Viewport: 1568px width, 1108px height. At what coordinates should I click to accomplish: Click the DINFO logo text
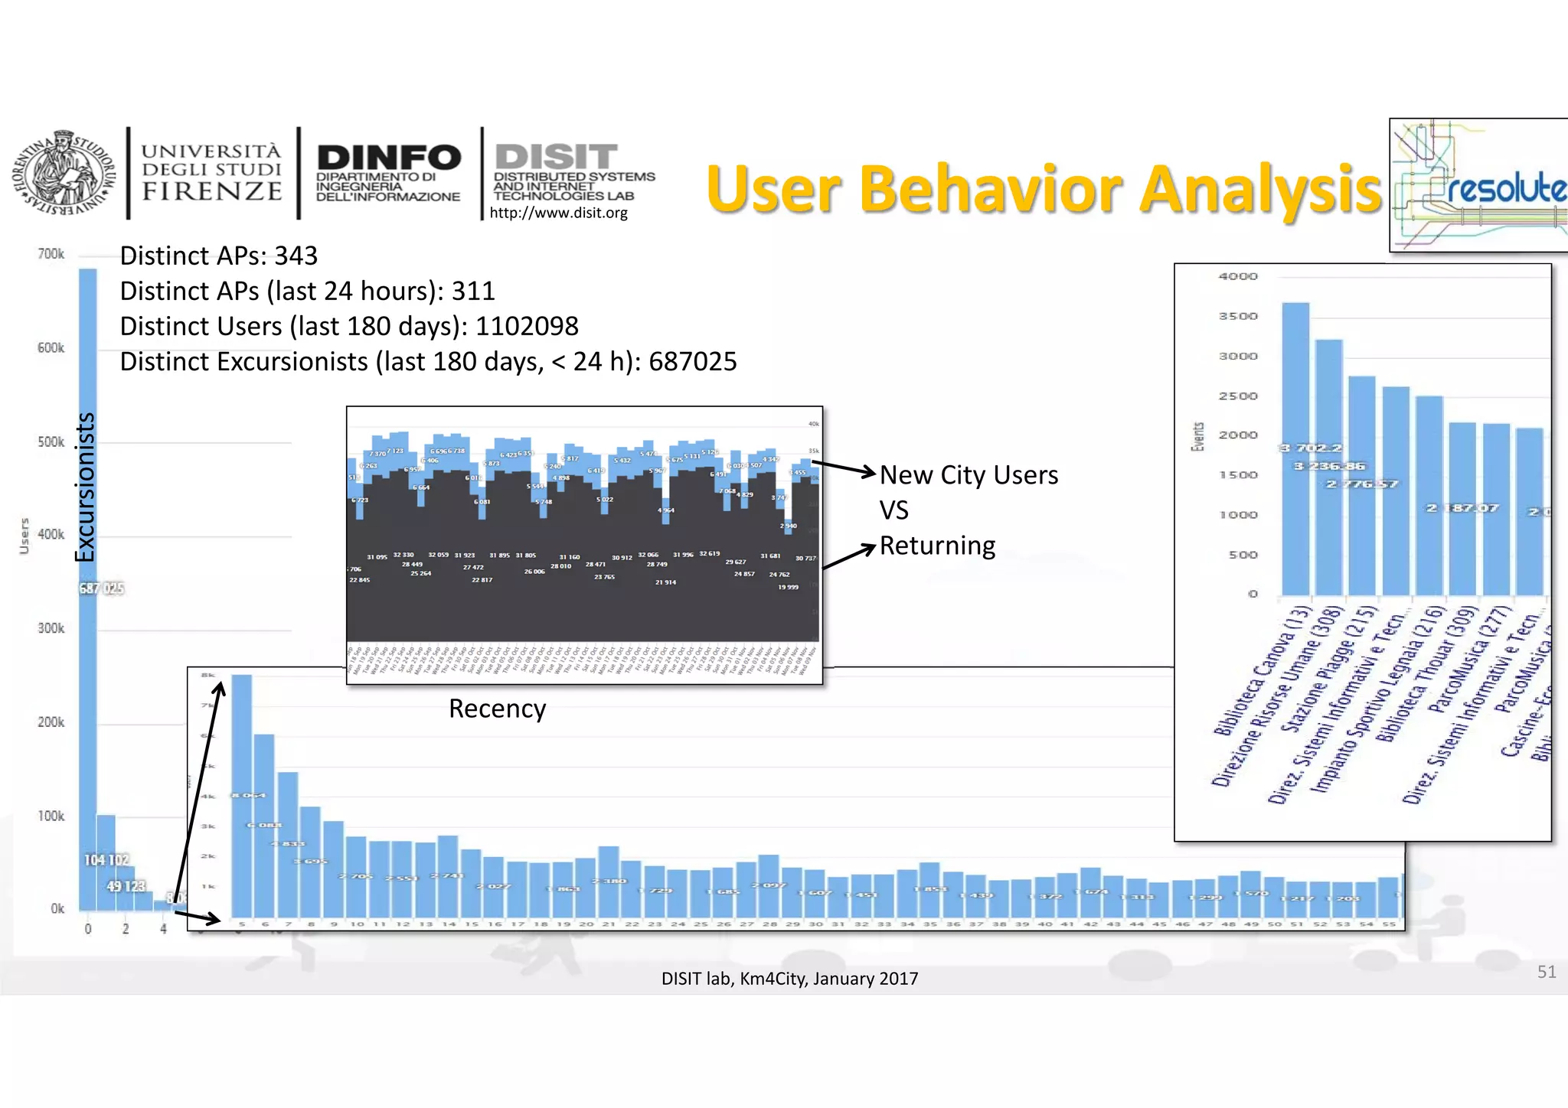[389, 158]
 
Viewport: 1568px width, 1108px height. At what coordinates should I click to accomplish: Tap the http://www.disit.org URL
[558, 213]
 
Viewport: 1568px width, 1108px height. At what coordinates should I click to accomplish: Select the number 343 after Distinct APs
[296, 256]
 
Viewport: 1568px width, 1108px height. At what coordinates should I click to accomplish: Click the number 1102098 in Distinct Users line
[527, 326]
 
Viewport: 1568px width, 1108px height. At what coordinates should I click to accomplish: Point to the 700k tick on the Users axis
[51, 254]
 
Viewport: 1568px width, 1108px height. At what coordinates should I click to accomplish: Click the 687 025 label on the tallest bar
[101, 588]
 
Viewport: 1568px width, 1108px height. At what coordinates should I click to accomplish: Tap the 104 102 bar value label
[106, 860]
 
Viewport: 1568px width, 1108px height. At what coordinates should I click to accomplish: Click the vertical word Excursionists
[85, 487]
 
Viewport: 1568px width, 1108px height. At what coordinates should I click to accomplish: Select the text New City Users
[969, 475]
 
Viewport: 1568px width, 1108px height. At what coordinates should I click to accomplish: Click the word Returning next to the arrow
[937, 546]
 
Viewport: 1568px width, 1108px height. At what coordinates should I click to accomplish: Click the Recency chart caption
[497, 709]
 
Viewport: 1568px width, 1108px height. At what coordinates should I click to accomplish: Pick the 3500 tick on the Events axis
[1237, 316]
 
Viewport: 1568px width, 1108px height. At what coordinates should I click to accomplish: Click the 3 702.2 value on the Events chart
[1311, 448]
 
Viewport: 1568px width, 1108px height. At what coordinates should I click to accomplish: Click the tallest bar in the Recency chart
[242, 796]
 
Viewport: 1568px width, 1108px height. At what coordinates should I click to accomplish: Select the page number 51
[1546, 972]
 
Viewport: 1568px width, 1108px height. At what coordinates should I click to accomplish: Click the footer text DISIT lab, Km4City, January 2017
[789, 979]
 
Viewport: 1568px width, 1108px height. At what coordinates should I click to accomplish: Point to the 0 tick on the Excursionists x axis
[88, 929]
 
